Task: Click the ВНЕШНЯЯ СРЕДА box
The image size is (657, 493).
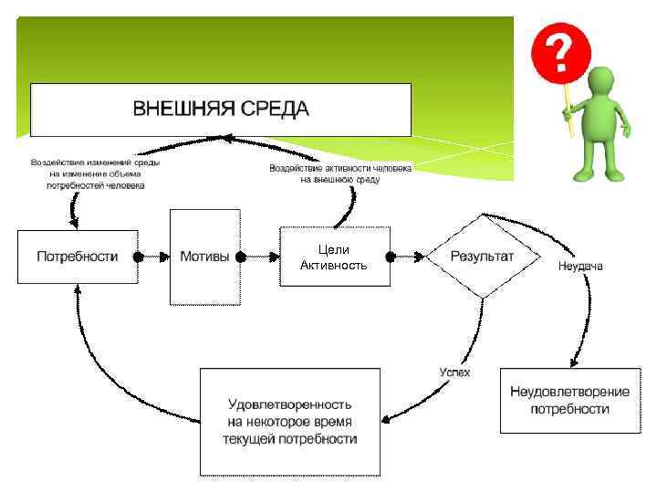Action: (221, 110)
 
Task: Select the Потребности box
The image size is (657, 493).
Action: (77, 257)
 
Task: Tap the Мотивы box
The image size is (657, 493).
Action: (204, 257)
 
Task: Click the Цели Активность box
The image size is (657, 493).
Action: (334, 257)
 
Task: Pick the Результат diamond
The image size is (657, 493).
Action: (482, 257)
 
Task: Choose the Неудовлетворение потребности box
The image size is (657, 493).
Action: (570, 400)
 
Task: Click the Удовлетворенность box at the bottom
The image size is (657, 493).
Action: (290, 421)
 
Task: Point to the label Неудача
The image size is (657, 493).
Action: (580, 267)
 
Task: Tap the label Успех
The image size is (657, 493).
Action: (454, 372)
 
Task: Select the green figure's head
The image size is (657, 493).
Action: (603, 84)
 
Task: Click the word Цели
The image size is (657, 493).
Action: (334, 249)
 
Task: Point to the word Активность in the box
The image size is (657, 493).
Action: (334, 265)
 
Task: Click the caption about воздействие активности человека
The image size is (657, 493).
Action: (340, 173)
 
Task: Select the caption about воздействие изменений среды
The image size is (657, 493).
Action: (95, 173)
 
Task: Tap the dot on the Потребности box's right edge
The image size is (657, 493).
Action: (139, 257)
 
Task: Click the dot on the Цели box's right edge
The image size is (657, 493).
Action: (391, 257)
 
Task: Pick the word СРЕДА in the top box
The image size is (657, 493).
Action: (276, 110)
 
